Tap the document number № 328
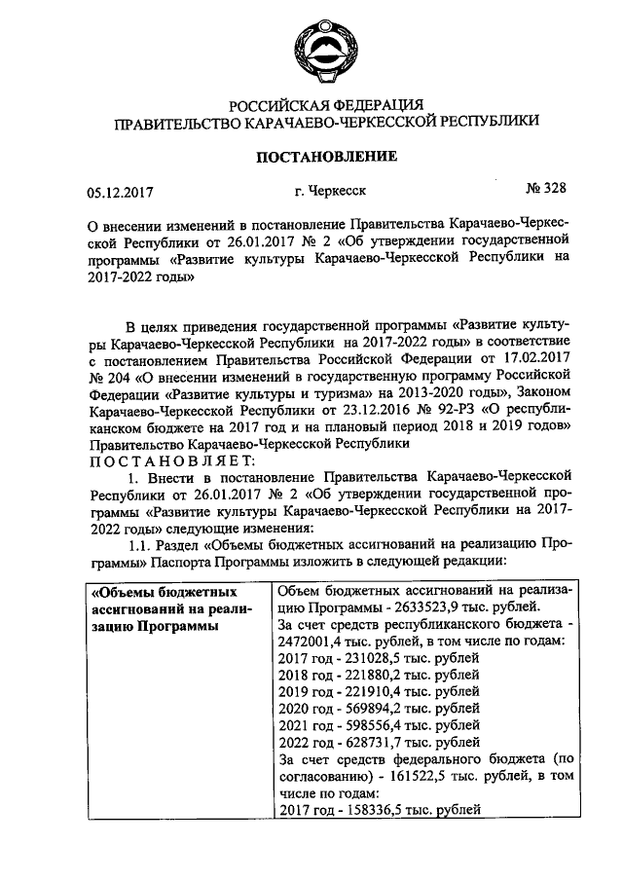pos(546,186)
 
